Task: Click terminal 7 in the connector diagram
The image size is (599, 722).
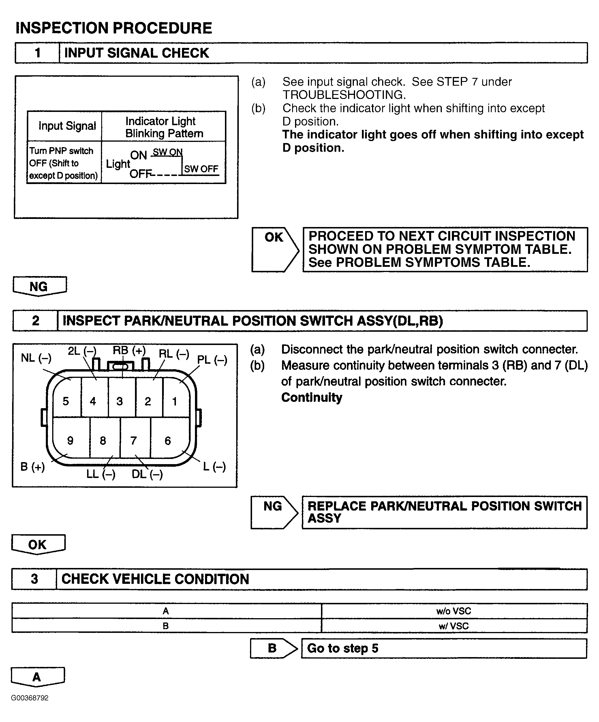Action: click(x=134, y=440)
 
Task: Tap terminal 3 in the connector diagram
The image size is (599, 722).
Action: click(x=120, y=401)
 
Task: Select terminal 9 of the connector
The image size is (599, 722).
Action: click(x=70, y=440)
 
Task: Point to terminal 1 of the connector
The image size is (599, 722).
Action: click(x=174, y=401)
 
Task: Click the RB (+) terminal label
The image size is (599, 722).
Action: click(x=129, y=350)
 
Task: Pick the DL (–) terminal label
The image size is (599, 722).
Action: click(x=147, y=475)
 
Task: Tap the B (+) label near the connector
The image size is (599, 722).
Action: click(x=33, y=467)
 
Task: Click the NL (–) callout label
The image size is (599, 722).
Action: click(x=36, y=358)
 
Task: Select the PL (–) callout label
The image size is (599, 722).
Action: click(x=212, y=360)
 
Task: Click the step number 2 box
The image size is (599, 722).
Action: click(x=35, y=321)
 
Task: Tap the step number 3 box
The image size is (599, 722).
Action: click(x=34, y=579)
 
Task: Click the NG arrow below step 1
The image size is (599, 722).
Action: click(x=40, y=286)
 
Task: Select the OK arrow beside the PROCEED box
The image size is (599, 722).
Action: click(x=275, y=249)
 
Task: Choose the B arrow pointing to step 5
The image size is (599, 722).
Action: click(x=273, y=648)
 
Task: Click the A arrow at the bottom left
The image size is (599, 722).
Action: click(x=37, y=677)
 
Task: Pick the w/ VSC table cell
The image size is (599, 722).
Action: click(x=454, y=626)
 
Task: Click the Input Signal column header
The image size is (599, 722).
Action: click(x=67, y=126)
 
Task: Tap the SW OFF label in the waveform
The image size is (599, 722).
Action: click(x=201, y=169)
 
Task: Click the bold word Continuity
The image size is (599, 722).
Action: click(x=312, y=397)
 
